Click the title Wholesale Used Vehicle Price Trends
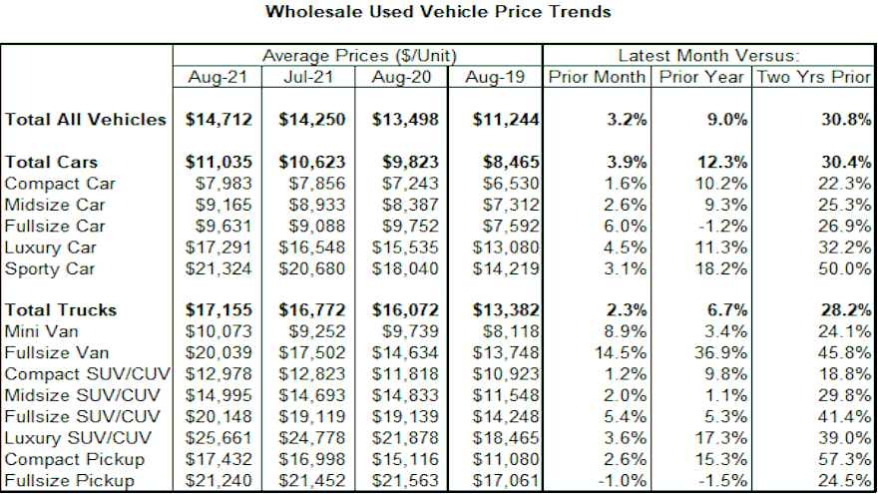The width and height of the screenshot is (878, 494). tap(438, 13)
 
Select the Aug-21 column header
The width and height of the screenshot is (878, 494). tap(218, 77)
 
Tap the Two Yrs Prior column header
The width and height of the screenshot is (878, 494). tap(813, 77)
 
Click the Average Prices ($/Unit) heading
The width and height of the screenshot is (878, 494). tap(358, 56)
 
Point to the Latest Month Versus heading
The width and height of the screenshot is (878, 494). tap(708, 56)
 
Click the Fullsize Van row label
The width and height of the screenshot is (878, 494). tap(57, 352)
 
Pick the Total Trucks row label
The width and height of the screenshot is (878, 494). tap(61, 310)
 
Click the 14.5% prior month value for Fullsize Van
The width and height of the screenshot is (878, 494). tap(624, 352)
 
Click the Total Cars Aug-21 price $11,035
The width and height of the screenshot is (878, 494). tap(219, 162)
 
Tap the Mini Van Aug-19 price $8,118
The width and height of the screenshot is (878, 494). tap(511, 331)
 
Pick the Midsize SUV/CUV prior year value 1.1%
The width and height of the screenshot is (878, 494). tap(726, 395)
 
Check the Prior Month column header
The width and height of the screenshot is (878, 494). tap(597, 77)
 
